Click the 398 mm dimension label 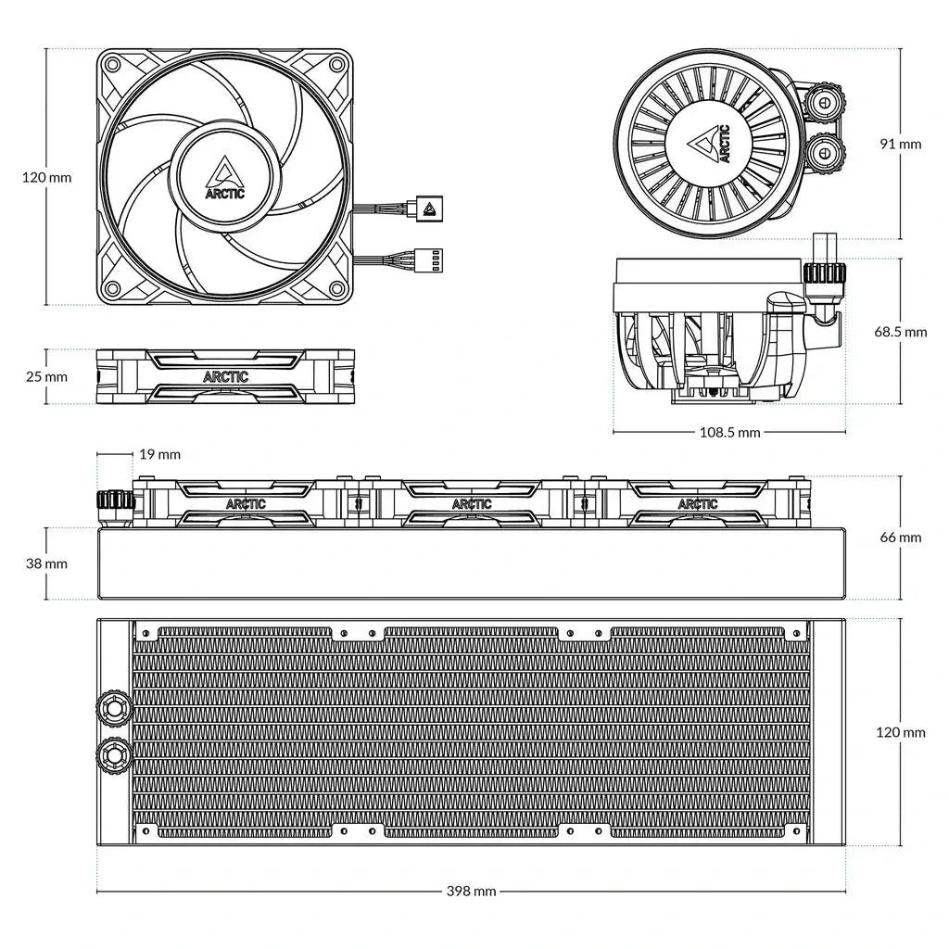[472, 892]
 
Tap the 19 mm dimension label [160, 454]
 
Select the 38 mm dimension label [45, 563]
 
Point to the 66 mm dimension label [901, 537]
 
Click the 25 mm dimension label [45, 376]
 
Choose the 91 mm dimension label [901, 144]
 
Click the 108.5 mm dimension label [729, 433]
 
